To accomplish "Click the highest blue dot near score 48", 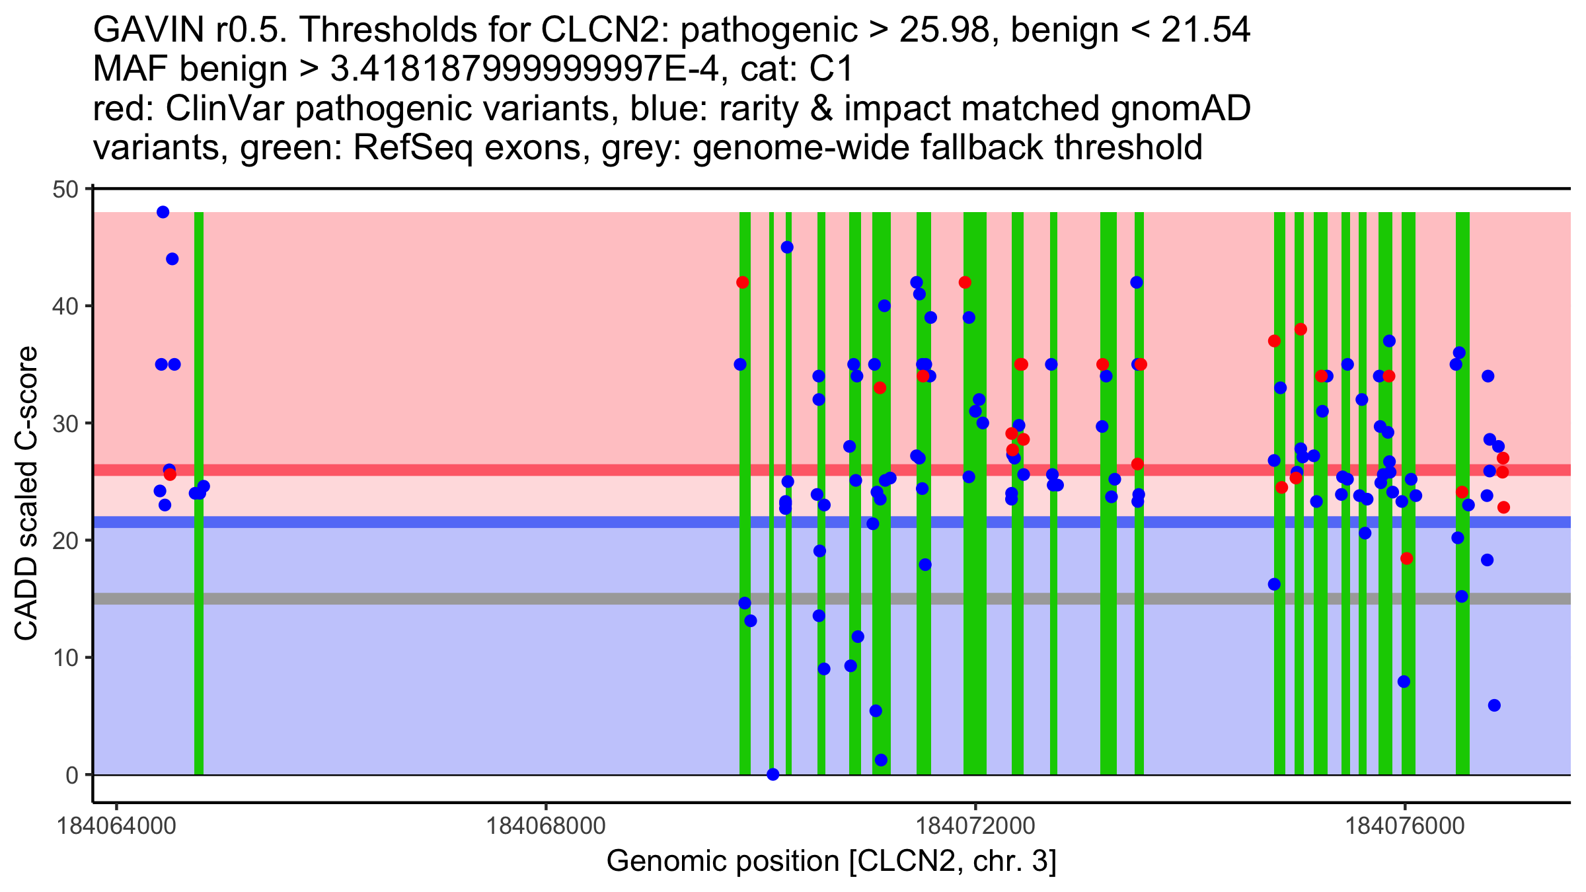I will click(163, 212).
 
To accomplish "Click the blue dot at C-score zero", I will click(773, 774).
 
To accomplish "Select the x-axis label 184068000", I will click(546, 826).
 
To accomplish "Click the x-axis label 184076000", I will click(1405, 826).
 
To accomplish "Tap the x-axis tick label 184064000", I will click(117, 826).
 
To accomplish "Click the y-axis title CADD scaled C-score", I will click(26, 494).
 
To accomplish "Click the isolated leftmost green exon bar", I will click(198, 493).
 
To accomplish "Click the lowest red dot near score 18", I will click(1406, 558).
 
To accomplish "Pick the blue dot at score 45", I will click(786, 247).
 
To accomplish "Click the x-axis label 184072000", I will click(975, 826).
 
